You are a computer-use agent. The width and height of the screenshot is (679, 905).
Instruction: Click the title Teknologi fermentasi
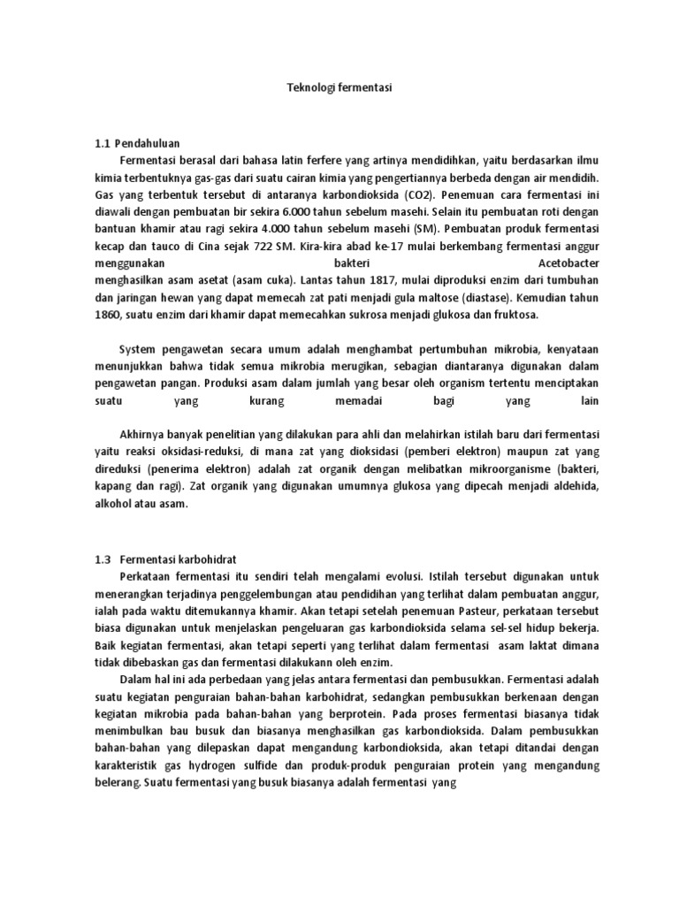click(x=339, y=88)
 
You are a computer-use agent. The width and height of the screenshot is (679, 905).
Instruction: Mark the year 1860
click(x=109, y=314)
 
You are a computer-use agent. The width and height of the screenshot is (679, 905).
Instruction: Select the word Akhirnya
click(x=144, y=434)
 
